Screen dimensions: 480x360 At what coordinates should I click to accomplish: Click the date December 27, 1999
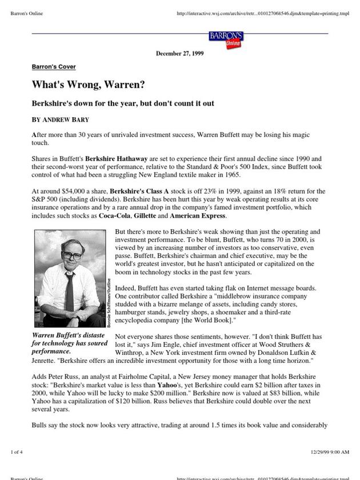click(179, 54)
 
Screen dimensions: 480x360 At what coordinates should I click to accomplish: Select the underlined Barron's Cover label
click(54, 67)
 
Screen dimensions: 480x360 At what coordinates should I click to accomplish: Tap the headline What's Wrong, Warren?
click(88, 85)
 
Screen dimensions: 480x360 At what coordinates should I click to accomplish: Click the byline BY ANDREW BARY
click(59, 121)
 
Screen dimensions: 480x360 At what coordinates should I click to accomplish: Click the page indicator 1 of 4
click(17, 452)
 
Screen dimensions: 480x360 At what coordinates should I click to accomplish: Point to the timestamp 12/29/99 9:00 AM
click(330, 452)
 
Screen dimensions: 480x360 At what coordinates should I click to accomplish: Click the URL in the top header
click(263, 13)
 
